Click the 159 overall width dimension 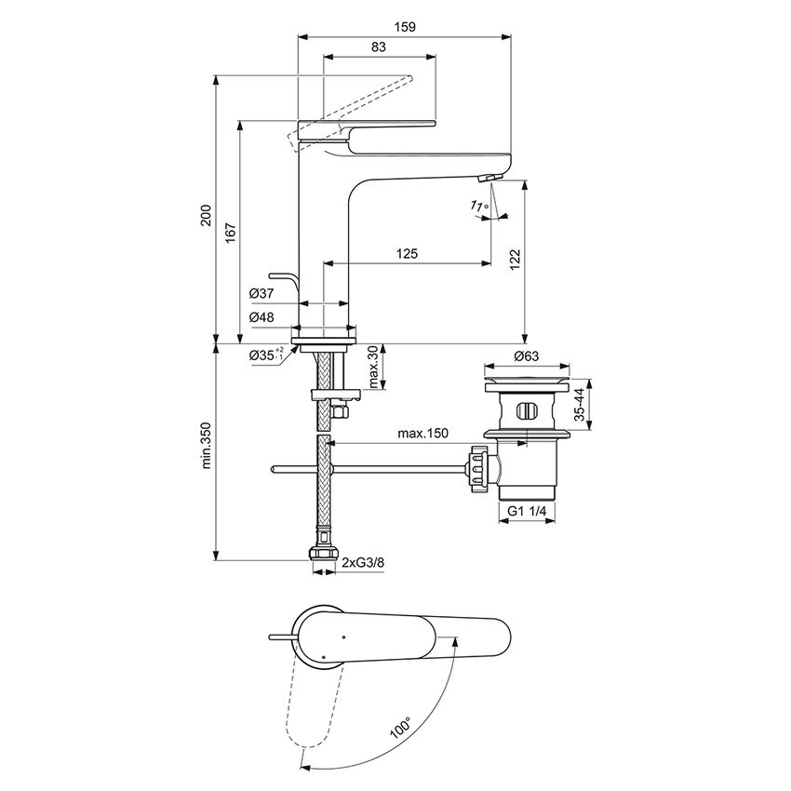(404, 27)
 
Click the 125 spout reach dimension (407, 253)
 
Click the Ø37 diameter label (261, 293)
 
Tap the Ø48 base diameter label (261, 316)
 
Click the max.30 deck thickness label (373, 367)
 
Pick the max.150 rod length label (424, 434)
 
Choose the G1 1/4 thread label (527, 511)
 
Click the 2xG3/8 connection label (361, 563)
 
